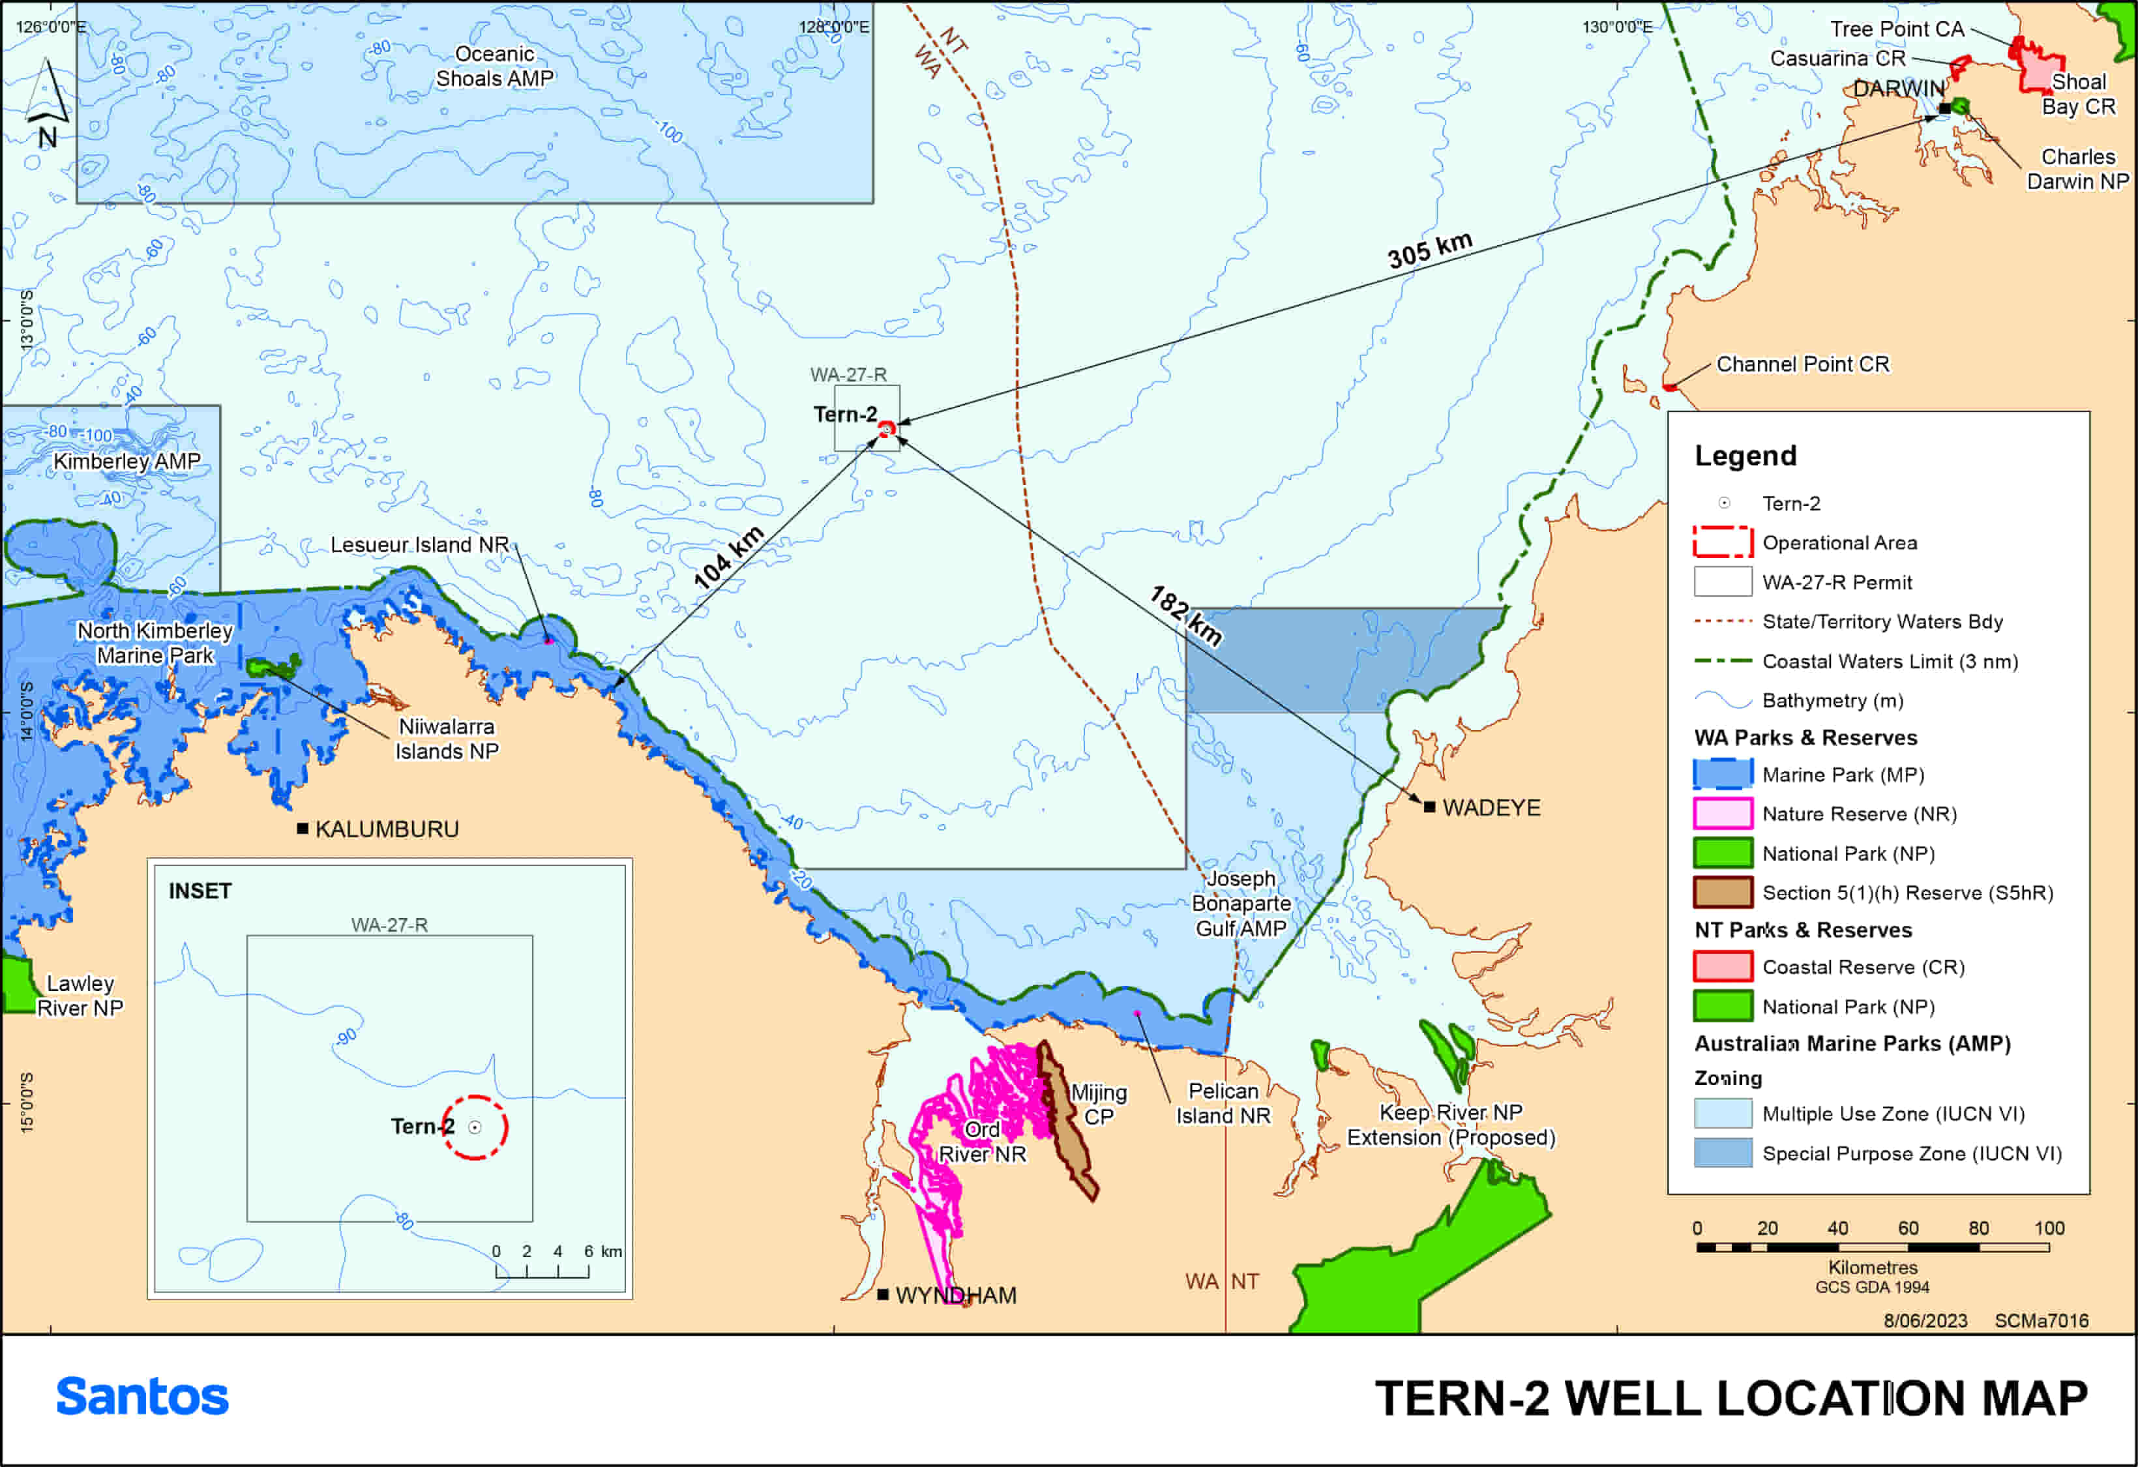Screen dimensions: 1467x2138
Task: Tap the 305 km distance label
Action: pos(1430,249)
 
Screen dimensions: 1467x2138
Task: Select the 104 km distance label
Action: pos(728,557)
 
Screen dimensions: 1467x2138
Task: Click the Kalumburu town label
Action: pos(387,829)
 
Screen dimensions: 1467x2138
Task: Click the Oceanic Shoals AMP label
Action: pos(494,67)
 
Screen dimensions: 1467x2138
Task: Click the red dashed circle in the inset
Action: pos(475,1127)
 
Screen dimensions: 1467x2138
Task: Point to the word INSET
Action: pos(200,891)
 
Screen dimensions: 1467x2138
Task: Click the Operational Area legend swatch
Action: pos(1722,542)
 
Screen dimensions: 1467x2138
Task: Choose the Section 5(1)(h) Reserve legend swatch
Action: pos(1722,892)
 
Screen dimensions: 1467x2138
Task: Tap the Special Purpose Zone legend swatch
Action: pos(1722,1153)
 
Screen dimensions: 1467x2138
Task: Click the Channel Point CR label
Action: pos(1802,364)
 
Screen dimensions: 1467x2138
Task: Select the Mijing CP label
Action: pos(1099,1104)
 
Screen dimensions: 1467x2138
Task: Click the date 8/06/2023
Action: pos(1925,1321)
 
